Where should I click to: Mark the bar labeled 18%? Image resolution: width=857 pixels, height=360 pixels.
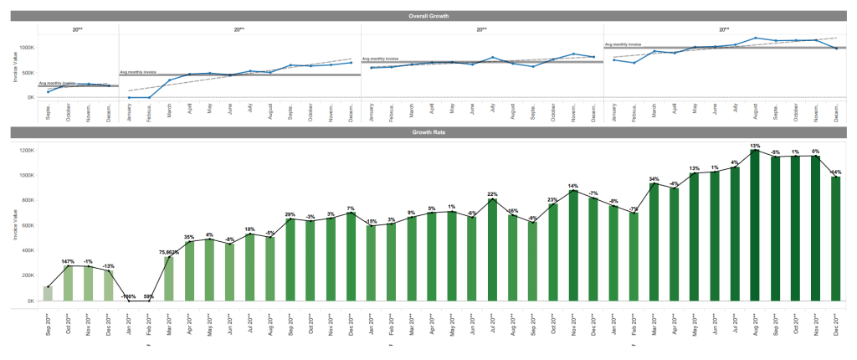click(x=249, y=267)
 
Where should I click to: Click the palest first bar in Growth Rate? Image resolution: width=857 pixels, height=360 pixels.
click(x=48, y=293)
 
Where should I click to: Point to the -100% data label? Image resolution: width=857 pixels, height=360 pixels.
click(x=128, y=296)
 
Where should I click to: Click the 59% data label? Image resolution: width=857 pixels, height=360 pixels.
click(x=148, y=296)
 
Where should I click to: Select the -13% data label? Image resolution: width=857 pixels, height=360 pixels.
click(x=108, y=266)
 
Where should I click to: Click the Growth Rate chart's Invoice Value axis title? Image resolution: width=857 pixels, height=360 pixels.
click(x=14, y=224)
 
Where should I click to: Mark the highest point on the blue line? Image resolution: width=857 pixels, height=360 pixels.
click(x=755, y=38)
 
